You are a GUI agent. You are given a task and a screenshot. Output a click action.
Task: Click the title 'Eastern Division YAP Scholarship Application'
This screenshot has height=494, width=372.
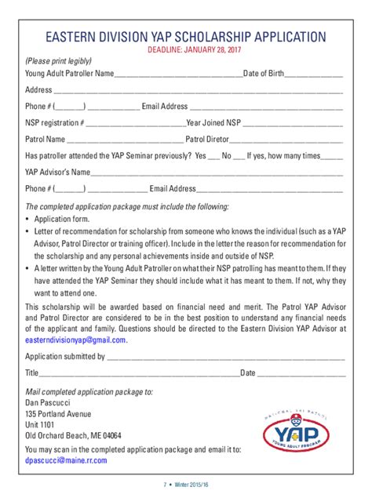(184, 36)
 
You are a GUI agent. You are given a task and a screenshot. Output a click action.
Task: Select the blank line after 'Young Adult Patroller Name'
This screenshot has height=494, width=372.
(179, 76)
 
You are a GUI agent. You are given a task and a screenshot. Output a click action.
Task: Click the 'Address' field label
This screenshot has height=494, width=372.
(38, 90)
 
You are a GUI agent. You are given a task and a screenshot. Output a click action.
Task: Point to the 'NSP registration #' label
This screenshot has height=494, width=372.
(54, 123)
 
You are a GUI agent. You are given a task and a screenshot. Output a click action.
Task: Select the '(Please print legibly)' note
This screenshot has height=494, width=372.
(59, 61)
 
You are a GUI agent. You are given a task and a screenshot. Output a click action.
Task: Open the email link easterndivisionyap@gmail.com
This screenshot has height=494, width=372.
(75, 340)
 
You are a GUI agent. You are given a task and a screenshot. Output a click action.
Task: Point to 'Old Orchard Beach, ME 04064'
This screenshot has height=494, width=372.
(73, 435)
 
